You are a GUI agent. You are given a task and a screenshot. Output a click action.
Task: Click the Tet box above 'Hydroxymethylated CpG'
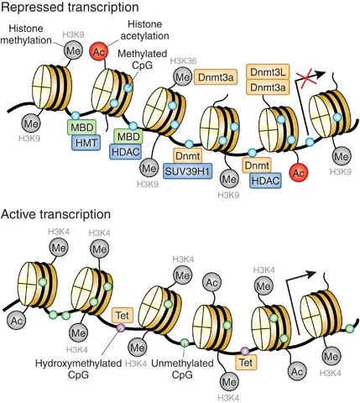122,315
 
